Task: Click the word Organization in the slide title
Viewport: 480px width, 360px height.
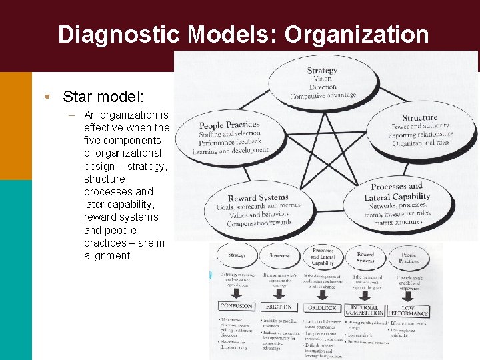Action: tap(357, 35)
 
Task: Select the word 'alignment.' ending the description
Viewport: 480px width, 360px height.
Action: tap(108, 255)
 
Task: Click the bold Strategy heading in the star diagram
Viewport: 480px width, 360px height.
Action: tap(322, 70)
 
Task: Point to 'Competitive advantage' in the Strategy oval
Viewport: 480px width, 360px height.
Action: tap(323, 96)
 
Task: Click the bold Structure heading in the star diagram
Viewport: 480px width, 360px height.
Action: tap(420, 118)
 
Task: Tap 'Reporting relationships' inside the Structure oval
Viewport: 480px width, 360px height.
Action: tap(421, 135)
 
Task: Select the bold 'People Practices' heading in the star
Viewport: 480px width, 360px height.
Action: tap(229, 125)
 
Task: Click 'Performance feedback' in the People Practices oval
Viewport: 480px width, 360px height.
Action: tap(230, 143)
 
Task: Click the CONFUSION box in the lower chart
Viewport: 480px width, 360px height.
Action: tap(236, 306)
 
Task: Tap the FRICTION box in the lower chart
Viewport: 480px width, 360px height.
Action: tap(279, 307)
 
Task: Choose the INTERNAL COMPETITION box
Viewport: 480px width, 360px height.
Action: tap(364, 310)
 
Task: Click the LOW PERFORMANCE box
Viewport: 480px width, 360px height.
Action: tap(408, 311)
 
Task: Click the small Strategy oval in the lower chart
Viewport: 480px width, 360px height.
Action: tap(236, 255)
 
